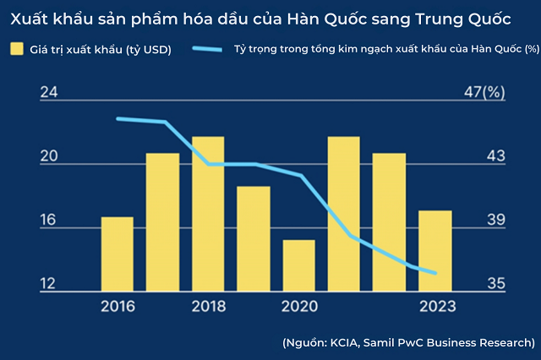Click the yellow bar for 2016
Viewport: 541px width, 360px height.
pyautogui.click(x=117, y=254)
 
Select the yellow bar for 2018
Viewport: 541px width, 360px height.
pyautogui.click(x=208, y=215)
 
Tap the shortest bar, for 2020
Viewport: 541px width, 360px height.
pyautogui.click(x=298, y=266)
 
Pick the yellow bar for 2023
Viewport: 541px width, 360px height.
pyautogui.click(x=434, y=251)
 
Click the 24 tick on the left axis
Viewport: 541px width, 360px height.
pyautogui.click(x=48, y=93)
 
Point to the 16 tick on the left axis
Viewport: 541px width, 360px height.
pyautogui.click(x=48, y=221)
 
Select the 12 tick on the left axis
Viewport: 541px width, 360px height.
pyautogui.click(x=48, y=284)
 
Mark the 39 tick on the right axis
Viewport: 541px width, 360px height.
pyautogui.click(x=495, y=221)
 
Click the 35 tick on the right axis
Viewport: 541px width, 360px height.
pyautogui.click(x=495, y=284)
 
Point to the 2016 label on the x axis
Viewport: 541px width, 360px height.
pyautogui.click(x=117, y=306)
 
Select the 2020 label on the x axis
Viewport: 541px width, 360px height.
pyautogui.click(x=298, y=306)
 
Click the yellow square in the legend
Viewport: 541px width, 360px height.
pyautogui.click(x=16, y=50)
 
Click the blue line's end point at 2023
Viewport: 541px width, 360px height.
pyautogui.click(x=434, y=273)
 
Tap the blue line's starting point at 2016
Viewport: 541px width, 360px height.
pyautogui.click(x=117, y=118)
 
